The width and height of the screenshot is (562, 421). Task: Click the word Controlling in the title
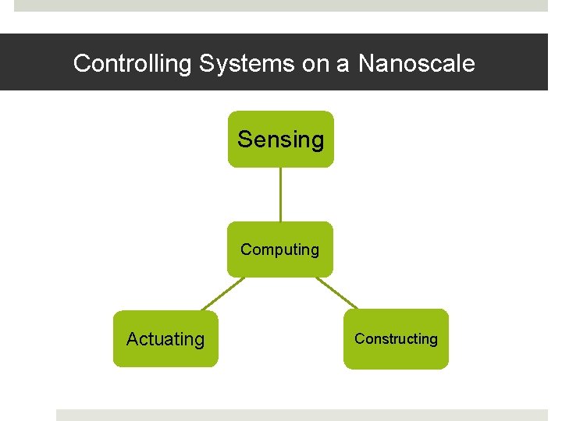pos(132,63)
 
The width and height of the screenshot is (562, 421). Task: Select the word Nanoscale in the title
pos(416,63)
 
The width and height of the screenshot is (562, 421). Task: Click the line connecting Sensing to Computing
pos(280,194)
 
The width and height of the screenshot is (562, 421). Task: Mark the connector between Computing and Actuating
pos(222,294)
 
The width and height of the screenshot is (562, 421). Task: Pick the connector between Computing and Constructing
pos(337,293)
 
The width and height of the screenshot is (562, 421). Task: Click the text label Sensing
pos(280,140)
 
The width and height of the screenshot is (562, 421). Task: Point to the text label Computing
pos(280,249)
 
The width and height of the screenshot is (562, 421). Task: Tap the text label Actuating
pos(165,339)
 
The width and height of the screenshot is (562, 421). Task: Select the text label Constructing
pos(396,338)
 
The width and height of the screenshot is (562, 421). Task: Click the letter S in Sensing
pos(244,140)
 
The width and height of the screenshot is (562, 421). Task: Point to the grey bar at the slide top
pos(281,5)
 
